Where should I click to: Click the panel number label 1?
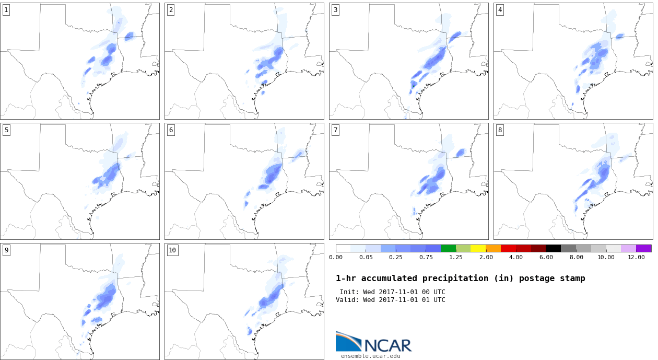pyautogui.click(x=6, y=10)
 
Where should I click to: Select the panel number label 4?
pyautogui.click(x=500, y=10)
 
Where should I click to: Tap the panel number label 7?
pyautogui.click(x=335, y=130)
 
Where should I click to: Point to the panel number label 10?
pyautogui.click(x=172, y=250)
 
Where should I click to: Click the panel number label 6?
pyautogui.click(x=171, y=130)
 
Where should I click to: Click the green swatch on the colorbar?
pyautogui.click(x=448, y=249)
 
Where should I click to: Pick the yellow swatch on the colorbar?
pyautogui.click(x=478, y=249)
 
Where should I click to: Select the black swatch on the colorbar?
pyautogui.click(x=554, y=249)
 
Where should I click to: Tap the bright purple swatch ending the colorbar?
pyautogui.click(x=644, y=249)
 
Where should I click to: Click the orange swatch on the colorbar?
pyautogui.click(x=493, y=249)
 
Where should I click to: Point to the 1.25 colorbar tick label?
pyautogui.click(x=456, y=258)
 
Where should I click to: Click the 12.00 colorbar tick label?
pyautogui.click(x=636, y=258)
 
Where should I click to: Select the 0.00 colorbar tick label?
pyautogui.click(x=336, y=258)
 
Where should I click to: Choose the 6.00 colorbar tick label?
pyautogui.click(x=546, y=258)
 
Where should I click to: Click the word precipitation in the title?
pyautogui.click(x=455, y=278)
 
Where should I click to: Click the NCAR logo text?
pyautogui.click(x=388, y=345)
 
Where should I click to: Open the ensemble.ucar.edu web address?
pyautogui.click(x=370, y=356)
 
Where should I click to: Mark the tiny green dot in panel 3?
pyautogui.click(x=414, y=86)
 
